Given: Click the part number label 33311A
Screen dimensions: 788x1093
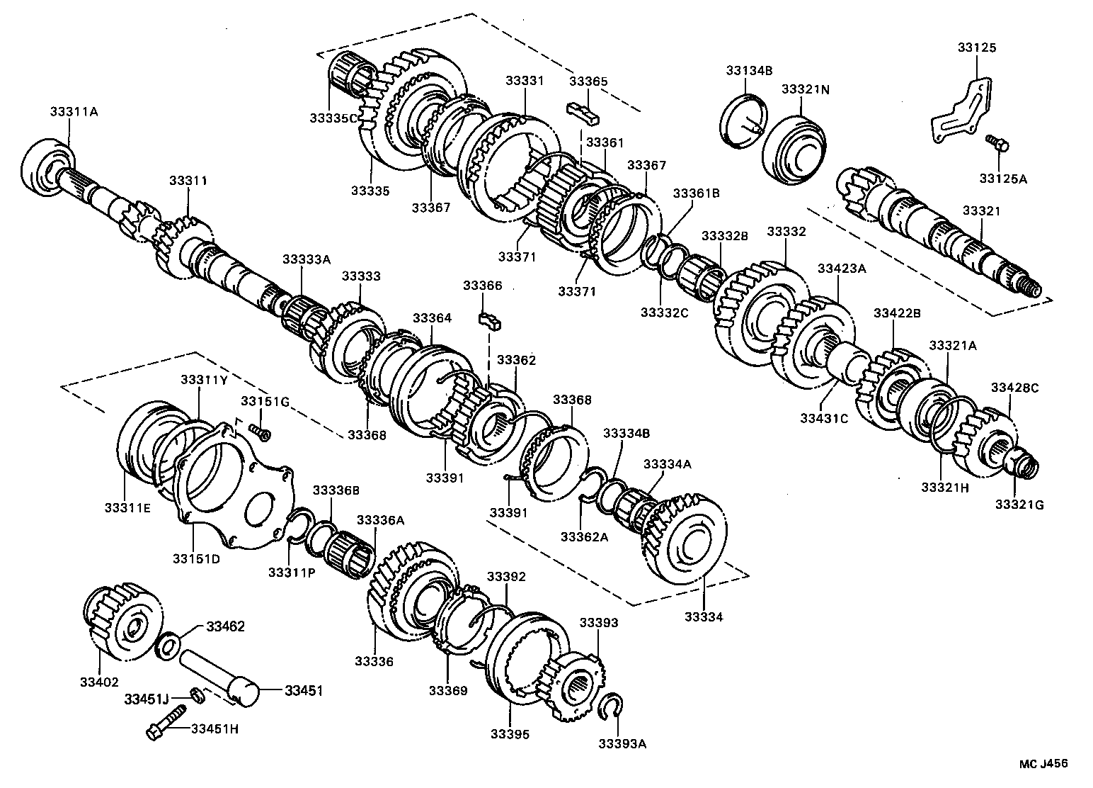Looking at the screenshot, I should (x=74, y=111).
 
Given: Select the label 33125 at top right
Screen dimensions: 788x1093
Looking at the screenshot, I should (x=976, y=48).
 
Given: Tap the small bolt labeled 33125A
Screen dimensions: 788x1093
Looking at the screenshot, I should (x=998, y=144).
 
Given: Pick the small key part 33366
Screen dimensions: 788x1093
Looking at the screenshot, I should (x=490, y=320).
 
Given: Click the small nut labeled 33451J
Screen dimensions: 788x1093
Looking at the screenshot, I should (x=198, y=695).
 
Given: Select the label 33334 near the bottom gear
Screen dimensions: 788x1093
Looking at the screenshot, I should (x=704, y=617).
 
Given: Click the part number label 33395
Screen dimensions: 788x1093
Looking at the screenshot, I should (x=509, y=734).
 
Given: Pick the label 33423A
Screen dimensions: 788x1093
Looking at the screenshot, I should (x=842, y=269).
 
